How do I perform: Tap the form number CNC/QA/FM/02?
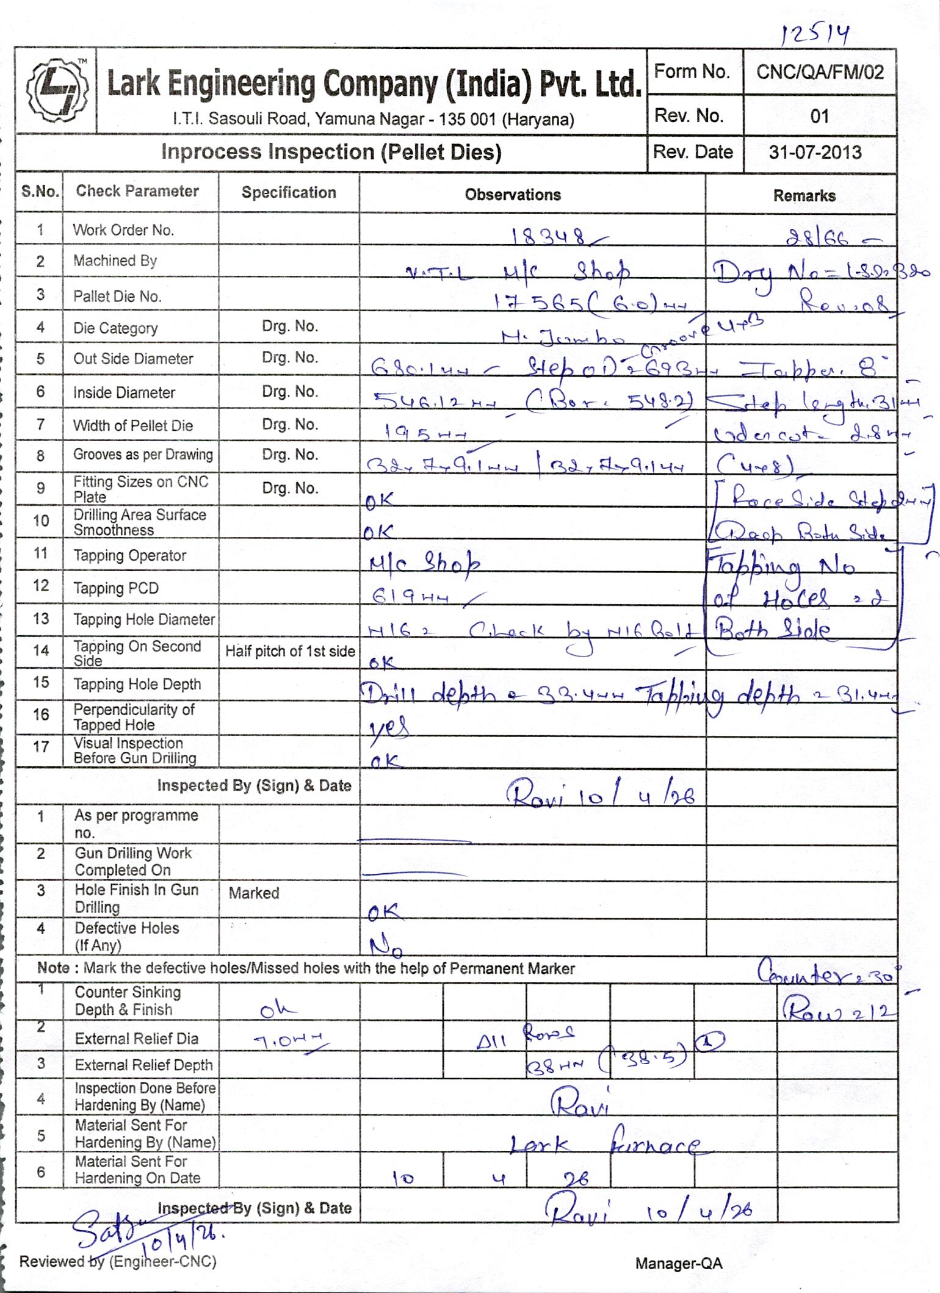click(819, 73)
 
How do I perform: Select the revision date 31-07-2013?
click(815, 152)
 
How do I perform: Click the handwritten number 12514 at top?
click(815, 35)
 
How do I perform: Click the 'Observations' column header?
click(513, 195)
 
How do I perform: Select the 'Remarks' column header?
click(804, 196)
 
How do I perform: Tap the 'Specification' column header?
click(289, 193)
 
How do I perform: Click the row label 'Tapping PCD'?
click(116, 588)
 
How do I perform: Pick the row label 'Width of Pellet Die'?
click(133, 425)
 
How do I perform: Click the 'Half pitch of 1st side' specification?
click(290, 651)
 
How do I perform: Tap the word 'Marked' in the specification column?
click(254, 893)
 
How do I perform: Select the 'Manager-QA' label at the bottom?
click(679, 1263)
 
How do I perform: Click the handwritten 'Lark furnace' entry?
click(604, 1146)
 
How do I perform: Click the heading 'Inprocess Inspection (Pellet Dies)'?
click(331, 152)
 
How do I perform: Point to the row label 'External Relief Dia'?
click(137, 1039)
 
